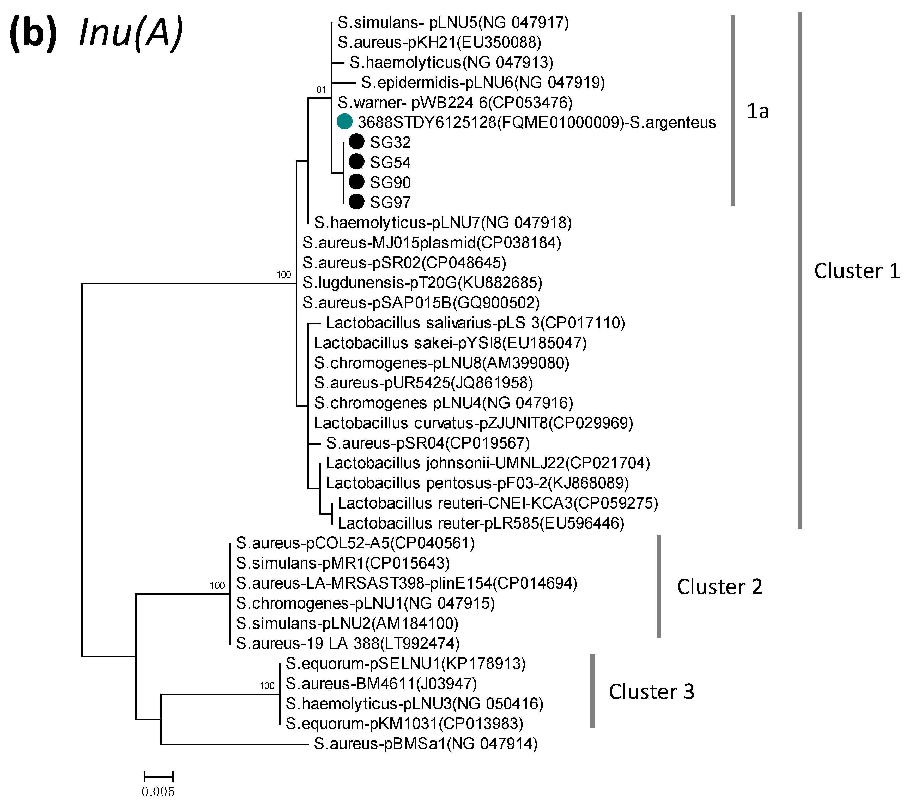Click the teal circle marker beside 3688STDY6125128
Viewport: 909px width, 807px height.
(x=345, y=121)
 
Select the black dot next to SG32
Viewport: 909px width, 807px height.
(x=356, y=142)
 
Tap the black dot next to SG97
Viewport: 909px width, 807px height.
(x=356, y=202)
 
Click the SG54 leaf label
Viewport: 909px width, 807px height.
(x=390, y=162)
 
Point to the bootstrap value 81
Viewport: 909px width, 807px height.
(x=321, y=90)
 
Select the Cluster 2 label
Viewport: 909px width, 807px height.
(x=719, y=587)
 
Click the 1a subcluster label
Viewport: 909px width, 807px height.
(x=758, y=111)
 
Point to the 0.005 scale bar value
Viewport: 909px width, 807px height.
(x=158, y=791)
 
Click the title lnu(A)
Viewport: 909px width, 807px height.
(x=131, y=33)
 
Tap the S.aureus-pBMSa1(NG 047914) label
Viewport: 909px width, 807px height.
(x=426, y=743)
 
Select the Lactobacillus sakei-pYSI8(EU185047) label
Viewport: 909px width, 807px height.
(x=450, y=343)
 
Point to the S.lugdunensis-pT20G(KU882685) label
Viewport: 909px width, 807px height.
(x=422, y=283)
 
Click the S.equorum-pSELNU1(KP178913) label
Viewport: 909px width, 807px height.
(x=405, y=663)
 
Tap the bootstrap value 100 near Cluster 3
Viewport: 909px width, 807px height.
(x=267, y=686)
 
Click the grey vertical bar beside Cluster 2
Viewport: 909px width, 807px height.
(x=659, y=586)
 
